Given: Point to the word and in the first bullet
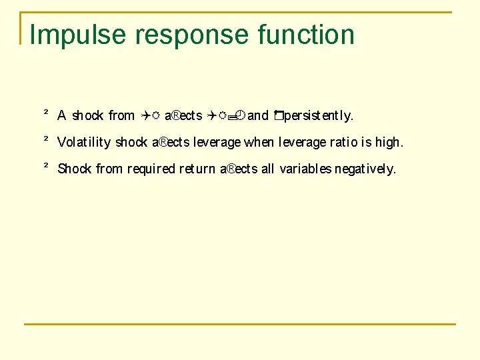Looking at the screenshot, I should coord(258,116).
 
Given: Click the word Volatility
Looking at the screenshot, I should coord(84,143).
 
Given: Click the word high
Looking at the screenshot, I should coord(389,143).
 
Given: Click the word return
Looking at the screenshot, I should coord(198,169).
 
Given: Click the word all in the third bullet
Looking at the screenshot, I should coord(268,169).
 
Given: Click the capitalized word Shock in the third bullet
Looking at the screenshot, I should coord(75,169).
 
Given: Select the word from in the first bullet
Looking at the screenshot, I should coord(121,116).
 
